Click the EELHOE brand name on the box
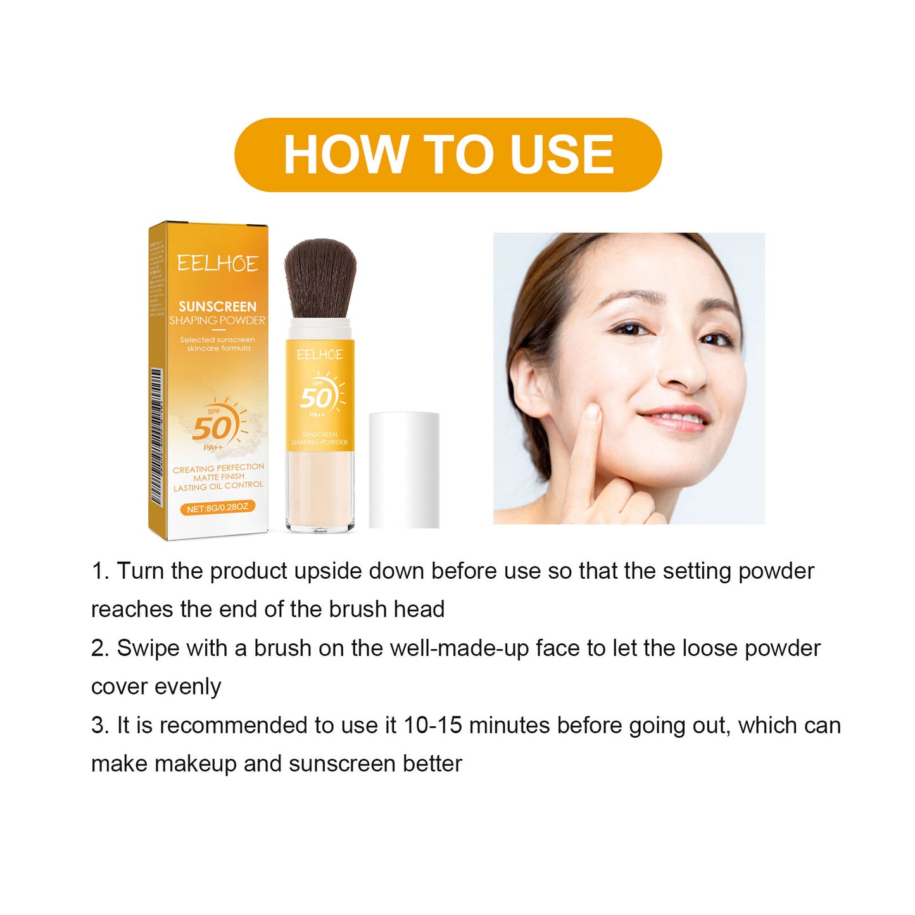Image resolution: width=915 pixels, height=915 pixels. click(x=217, y=263)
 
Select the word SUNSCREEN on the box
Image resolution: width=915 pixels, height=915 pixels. click(x=217, y=306)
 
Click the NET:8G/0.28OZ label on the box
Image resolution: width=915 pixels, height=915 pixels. click(x=217, y=508)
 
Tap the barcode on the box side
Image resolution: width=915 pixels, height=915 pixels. click(x=156, y=437)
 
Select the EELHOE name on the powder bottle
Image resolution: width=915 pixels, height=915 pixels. click(x=319, y=355)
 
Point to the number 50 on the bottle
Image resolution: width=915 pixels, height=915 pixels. click(x=317, y=398)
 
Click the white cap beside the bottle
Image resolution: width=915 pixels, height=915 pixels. click(x=404, y=469)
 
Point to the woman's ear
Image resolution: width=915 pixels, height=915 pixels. click(x=529, y=381)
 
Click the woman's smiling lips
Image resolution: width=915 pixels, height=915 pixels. click(x=675, y=417)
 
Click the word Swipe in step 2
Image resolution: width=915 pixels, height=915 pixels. click(x=140, y=648)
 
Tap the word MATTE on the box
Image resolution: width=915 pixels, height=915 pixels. click(x=205, y=477)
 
